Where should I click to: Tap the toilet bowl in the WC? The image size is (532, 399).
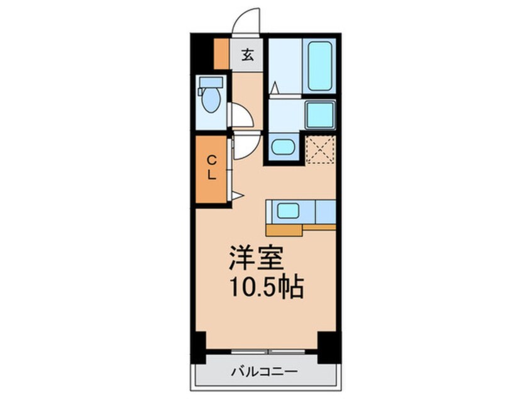pyautogui.click(x=211, y=101)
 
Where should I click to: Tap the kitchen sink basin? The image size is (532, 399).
pyautogui.click(x=287, y=211)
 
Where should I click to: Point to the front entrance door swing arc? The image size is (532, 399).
pyautogui.click(x=246, y=21)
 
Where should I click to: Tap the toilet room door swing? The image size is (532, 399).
pyautogui.click(x=243, y=116)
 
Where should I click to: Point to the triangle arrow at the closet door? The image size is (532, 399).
pyautogui.click(x=236, y=196)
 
